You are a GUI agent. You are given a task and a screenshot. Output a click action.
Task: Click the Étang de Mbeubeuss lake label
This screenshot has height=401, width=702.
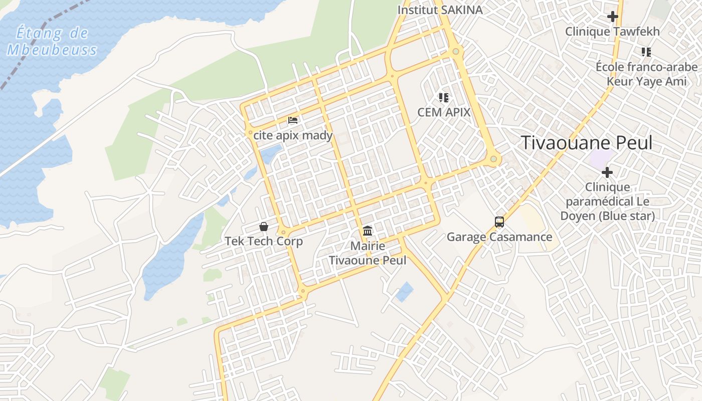(x=52, y=42)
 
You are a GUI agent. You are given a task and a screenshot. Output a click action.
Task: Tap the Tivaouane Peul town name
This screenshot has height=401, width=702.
(x=587, y=143)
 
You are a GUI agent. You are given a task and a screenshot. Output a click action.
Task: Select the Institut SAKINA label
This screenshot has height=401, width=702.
(x=440, y=10)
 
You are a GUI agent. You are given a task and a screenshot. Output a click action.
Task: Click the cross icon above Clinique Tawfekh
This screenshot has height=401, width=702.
(x=612, y=17)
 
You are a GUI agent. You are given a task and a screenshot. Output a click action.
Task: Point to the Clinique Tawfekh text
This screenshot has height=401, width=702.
(x=612, y=32)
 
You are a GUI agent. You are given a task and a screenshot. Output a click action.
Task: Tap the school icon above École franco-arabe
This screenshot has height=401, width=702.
(x=646, y=52)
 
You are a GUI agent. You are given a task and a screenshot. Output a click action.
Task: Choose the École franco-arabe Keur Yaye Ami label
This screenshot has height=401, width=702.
(x=646, y=74)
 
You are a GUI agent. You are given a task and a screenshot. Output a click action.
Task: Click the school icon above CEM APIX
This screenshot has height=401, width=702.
(x=443, y=97)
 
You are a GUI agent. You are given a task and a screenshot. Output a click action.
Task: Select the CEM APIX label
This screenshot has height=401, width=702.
(x=444, y=112)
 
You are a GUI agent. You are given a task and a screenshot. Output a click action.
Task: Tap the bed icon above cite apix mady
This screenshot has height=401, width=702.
(x=293, y=120)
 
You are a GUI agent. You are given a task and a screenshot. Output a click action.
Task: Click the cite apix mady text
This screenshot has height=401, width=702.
(x=293, y=135)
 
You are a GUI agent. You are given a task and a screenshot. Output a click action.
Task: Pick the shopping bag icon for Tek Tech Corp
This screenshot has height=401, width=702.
(x=264, y=227)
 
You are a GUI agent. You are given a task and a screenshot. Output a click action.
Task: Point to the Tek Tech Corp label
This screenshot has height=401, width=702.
(x=264, y=241)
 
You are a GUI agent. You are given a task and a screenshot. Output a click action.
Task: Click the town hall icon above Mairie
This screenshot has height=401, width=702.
(x=368, y=231)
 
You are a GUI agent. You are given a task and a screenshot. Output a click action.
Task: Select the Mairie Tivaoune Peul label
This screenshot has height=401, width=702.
(x=368, y=253)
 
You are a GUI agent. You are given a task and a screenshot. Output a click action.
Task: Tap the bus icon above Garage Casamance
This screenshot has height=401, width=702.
(x=499, y=222)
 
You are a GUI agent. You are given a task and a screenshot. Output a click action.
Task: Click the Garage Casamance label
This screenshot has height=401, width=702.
(x=499, y=237)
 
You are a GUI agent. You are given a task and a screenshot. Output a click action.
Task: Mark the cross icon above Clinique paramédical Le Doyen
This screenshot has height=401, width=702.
(x=607, y=172)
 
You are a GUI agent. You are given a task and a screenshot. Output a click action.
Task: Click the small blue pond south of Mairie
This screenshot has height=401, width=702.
(x=404, y=292)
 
